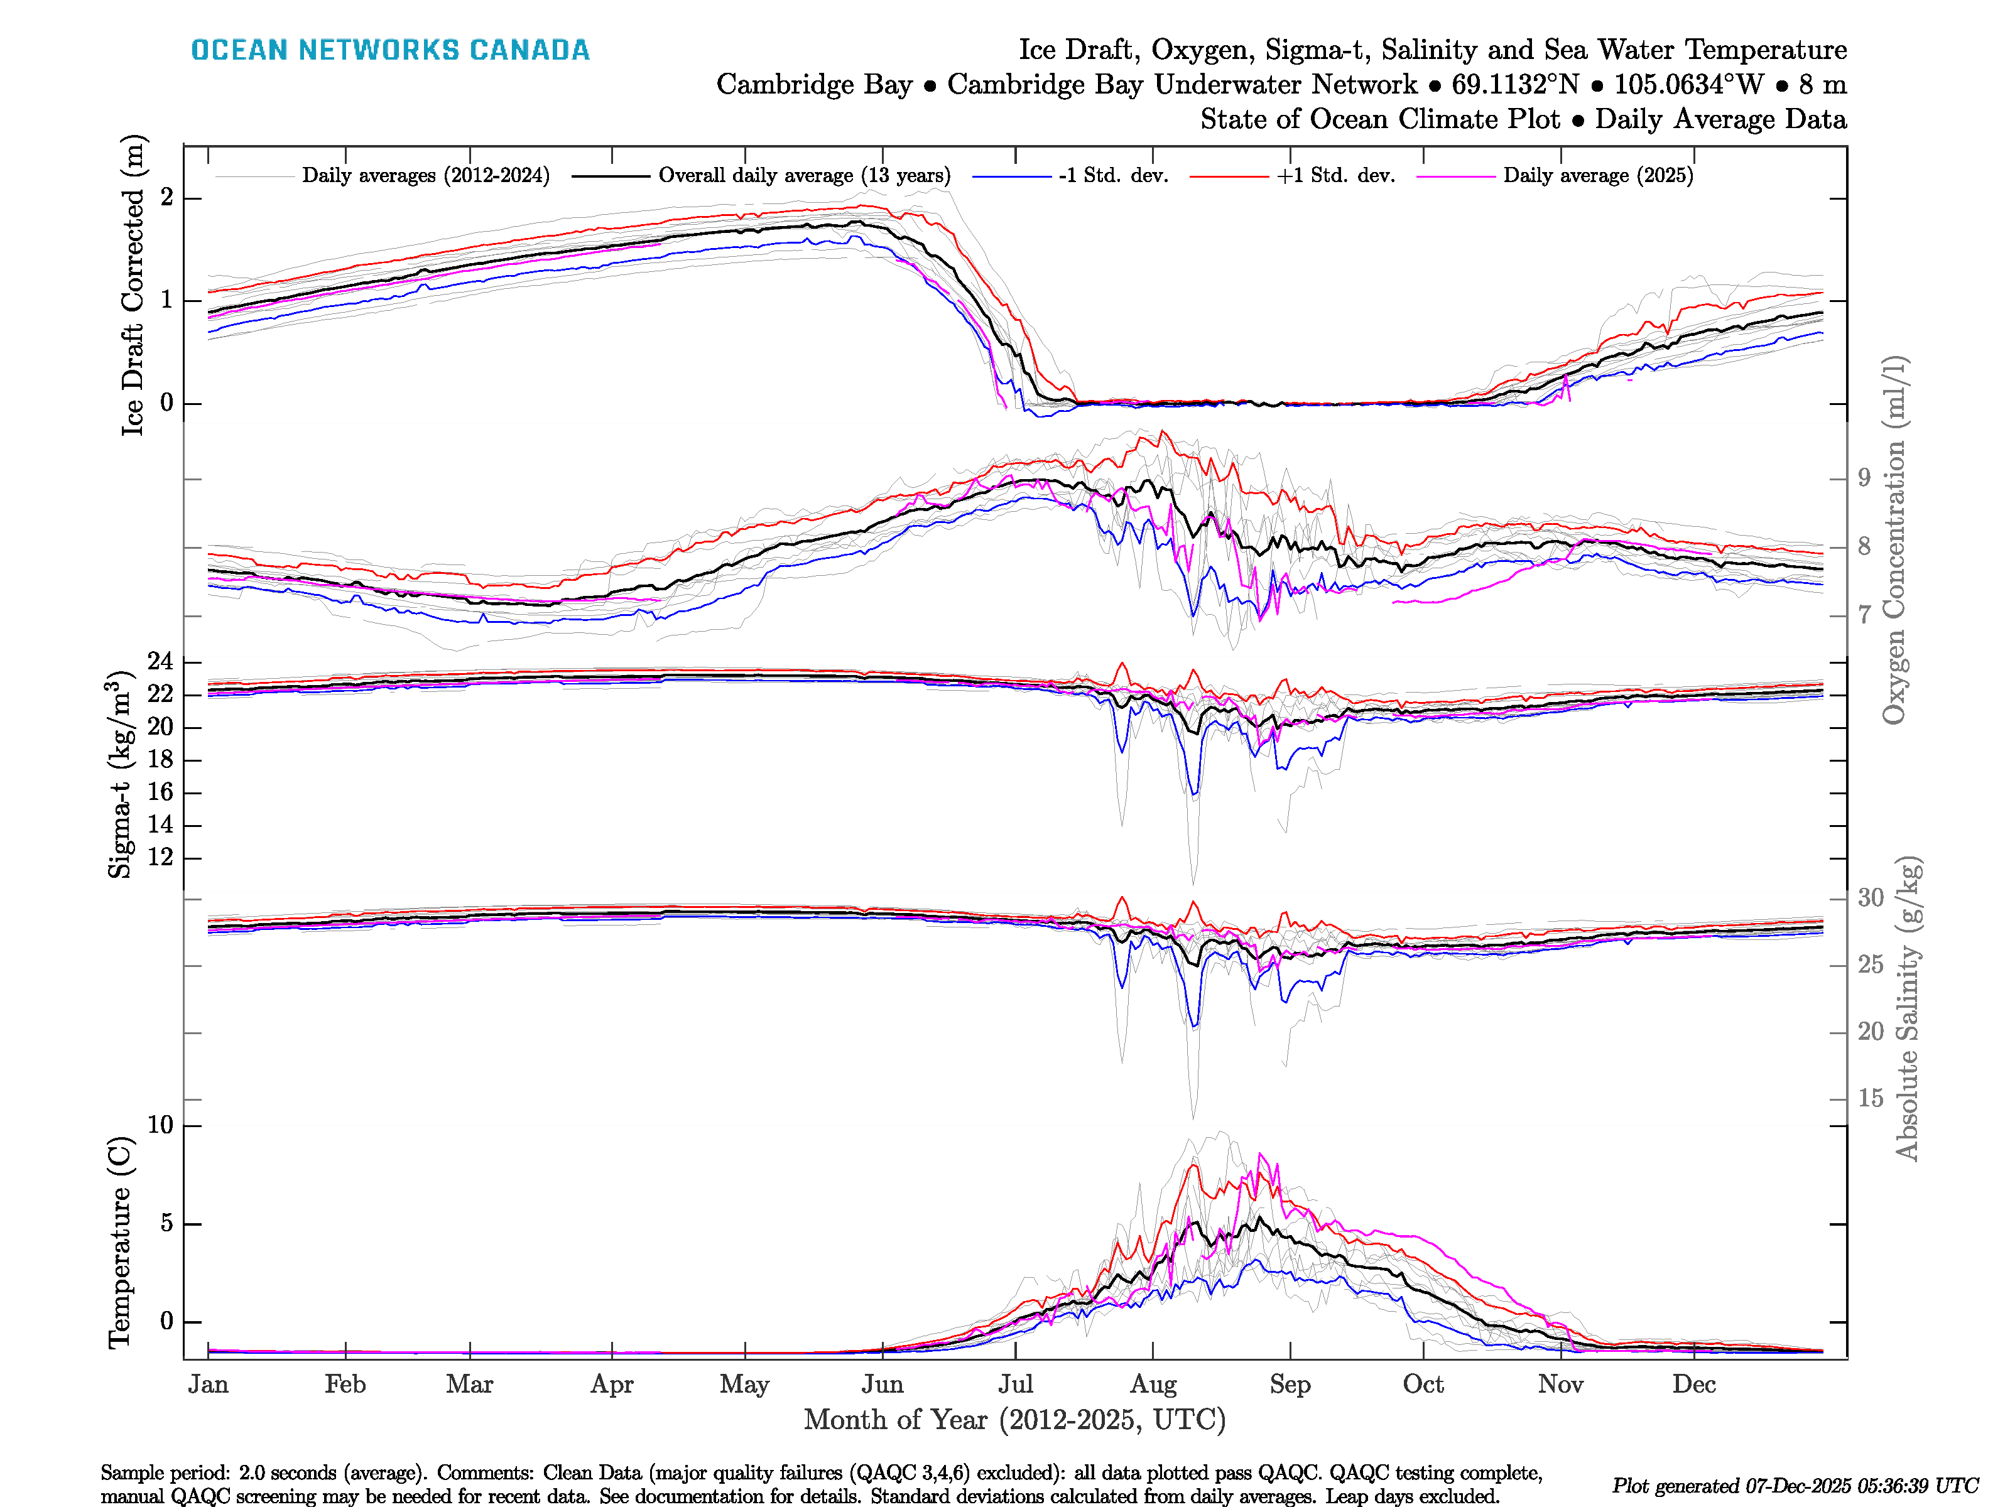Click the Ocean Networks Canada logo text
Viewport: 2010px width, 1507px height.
click(x=390, y=50)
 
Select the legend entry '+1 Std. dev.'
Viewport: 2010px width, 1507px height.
click(x=1335, y=175)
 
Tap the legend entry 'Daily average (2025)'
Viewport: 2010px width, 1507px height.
click(x=1597, y=175)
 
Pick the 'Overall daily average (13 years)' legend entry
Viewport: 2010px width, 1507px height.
click(x=803, y=175)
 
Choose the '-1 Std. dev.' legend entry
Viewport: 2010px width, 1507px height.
click(x=1113, y=175)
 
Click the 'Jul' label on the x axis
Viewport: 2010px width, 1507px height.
click(x=1015, y=1385)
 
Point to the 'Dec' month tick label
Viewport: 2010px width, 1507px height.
click(x=1694, y=1385)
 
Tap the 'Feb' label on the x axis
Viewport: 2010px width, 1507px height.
click(x=345, y=1385)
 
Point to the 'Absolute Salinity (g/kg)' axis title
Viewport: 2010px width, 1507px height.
click(x=1908, y=1008)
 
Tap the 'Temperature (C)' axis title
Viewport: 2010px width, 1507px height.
click(x=120, y=1243)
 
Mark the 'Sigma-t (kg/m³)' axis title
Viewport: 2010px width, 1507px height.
click(x=120, y=775)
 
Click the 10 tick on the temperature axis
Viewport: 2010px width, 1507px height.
click(x=160, y=1125)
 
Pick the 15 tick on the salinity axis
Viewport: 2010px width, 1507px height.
click(x=1870, y=1098)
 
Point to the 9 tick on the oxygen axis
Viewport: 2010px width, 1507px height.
click(x=1864, y=478)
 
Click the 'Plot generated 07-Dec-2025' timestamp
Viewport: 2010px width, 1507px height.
click(x=1795, y=1486)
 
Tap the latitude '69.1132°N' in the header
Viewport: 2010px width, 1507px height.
click(x=1515, y=85)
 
